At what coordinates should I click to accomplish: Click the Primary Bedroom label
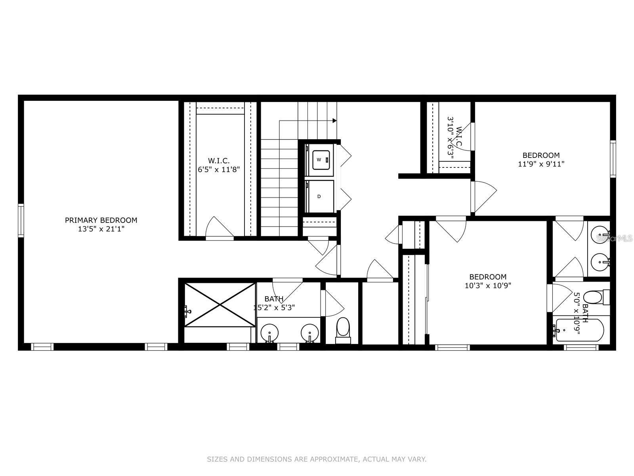pos(101,220)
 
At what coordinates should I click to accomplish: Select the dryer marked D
pos(319,196)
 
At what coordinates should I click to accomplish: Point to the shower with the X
pos(220,305)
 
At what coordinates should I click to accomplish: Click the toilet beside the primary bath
pos(343,329)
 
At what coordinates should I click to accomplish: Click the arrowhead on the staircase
pos(335,121)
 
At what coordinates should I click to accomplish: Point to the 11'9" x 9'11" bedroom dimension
pos(541,163)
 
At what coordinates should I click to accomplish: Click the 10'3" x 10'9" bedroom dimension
pos(488,285)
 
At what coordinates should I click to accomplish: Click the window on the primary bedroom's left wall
pos(21,220)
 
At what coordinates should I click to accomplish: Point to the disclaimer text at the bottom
pos(317,459)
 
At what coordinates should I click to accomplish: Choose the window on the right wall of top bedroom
pos(613,159)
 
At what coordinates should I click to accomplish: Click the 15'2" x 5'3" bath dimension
pos(274,307)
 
